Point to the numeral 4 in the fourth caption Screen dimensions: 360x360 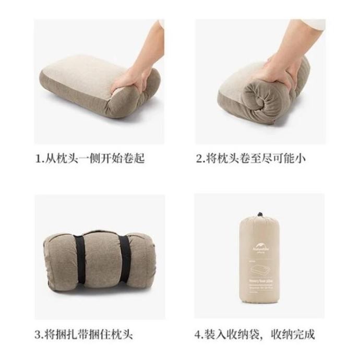click(198, 334)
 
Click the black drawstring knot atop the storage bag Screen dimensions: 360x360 click(259, 215)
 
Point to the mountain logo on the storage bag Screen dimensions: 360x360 click(259, 243)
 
